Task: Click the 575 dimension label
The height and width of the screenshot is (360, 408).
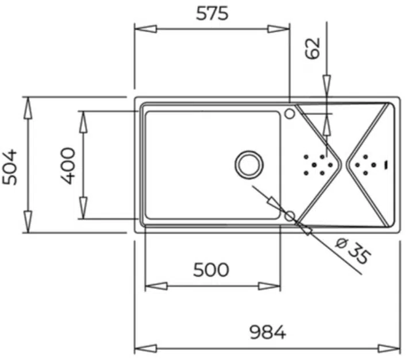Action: (212, 14)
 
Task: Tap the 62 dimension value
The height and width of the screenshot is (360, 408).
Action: (313, 48)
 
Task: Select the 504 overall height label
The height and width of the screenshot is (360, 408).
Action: (10, 167)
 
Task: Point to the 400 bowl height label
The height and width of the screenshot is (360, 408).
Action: (68, 166)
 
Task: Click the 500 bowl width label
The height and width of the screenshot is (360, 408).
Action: (211, 270)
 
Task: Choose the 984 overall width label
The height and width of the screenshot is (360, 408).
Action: (268, 332)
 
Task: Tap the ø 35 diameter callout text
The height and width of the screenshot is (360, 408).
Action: (353, 251)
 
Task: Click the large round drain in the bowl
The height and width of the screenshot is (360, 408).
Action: (249, 165)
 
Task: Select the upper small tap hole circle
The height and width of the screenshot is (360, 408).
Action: (290, 114)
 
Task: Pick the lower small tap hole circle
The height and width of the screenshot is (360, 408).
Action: (290, 216)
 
